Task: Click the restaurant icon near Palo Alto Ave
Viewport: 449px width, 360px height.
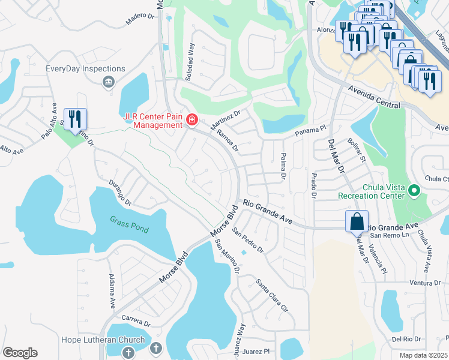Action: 75,119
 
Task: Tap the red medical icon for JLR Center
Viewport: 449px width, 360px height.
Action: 192,121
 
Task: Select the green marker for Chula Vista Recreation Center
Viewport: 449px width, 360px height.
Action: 414,191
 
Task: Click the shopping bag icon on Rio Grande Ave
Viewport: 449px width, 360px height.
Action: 357,221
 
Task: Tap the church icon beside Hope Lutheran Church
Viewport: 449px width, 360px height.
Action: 155,348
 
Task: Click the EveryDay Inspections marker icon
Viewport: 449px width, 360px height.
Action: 109,82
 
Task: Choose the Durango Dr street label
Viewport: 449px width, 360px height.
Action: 120,193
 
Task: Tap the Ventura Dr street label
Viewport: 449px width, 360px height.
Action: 427,283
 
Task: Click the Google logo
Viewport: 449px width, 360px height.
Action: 20,353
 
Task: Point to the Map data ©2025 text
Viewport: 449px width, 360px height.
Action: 423,355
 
